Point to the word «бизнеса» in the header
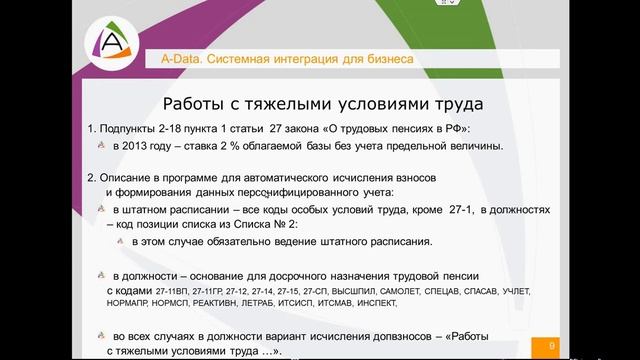[x=381, y=60]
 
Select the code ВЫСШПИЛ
[x=350, y=290]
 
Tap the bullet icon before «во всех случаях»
[x=101, y=337]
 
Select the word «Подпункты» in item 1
[x=130, y=130]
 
